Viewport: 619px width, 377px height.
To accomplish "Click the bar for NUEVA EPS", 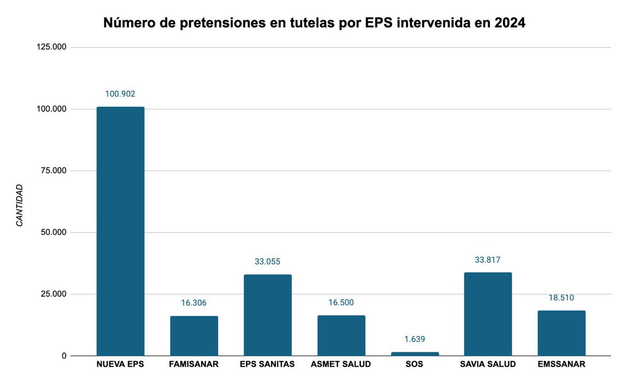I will click(x=120, y=231).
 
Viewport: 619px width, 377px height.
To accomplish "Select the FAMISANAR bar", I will click(x=194, y=336).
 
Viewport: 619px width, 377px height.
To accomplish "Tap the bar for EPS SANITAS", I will click(x=267, y=315).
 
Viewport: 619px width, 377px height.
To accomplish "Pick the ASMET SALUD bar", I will click(x=341, y=335).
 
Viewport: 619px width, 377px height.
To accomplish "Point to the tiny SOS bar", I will click(x=415, y=354).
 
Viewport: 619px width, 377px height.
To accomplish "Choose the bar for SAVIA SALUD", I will click(x=488, y=314).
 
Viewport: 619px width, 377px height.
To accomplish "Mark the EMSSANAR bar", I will click(x=562, y=333).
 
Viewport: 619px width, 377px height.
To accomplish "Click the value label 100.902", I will click(x=120, y=94).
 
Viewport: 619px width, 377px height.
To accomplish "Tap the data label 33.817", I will click(x=488, y=260).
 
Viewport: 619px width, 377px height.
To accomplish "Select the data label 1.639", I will click(x=415, y=339).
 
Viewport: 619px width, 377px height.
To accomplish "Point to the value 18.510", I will click(x=562, y=298).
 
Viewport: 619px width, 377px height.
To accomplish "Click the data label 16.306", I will click(x=194, y=303).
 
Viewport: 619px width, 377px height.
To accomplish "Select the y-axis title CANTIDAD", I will click(x=19, y=205).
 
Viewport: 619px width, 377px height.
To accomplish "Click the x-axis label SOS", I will click(x=415, y=365).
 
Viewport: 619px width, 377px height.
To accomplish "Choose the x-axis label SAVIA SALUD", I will click(x=488, y=365).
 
